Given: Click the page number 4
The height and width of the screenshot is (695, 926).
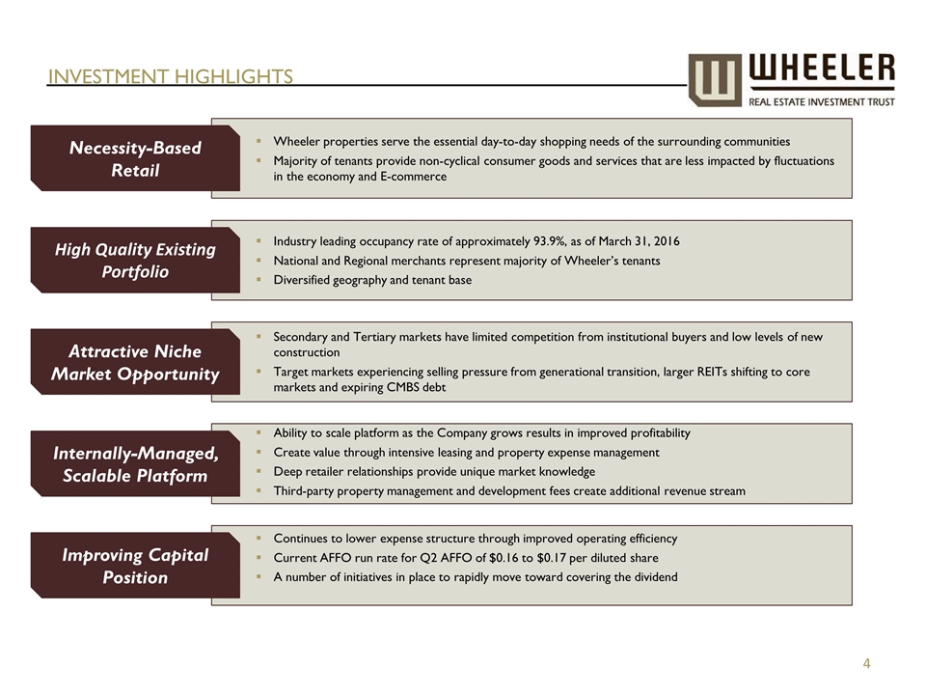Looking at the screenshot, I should point(867,663).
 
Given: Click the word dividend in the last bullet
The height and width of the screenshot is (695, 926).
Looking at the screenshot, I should point(651,577).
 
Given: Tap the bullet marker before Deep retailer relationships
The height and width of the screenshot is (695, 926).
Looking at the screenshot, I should point(261,472).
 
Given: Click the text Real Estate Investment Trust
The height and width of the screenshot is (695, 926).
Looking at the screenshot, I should point(821,100).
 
